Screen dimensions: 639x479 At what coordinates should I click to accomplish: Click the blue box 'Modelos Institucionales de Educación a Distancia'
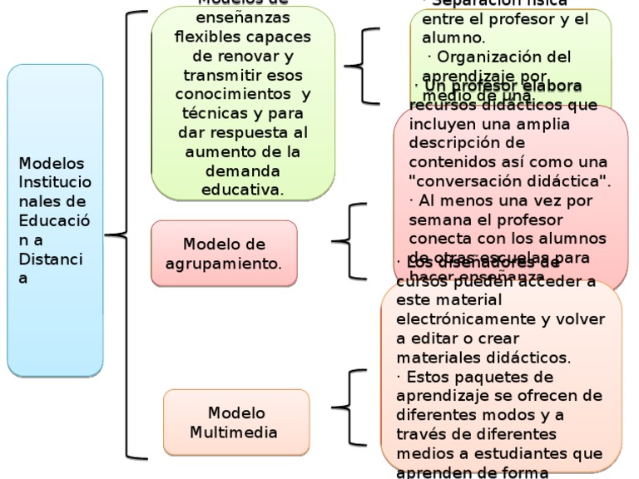[55, 220]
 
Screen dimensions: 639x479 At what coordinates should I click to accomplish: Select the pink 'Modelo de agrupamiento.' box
[224, 254]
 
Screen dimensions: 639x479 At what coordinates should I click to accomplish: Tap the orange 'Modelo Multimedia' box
[236, 422]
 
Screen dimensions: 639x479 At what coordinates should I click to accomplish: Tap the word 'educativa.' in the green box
[242, 190]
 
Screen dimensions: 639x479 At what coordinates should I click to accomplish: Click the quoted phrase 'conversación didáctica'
[510, 180]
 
